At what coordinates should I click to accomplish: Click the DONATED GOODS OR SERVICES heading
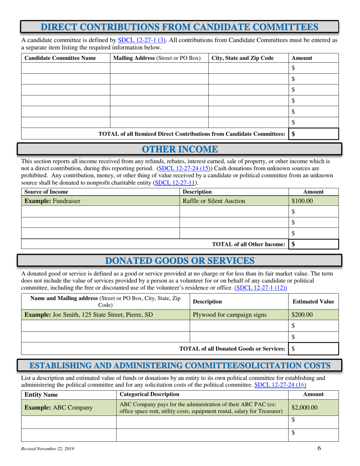click(x=180, y=260)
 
